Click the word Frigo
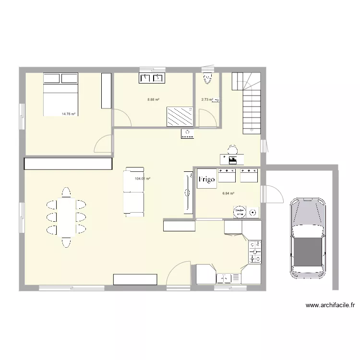tap(207, 179)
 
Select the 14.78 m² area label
tap(69, 114)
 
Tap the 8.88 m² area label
tap(153, 100)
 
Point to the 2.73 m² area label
tap(207, 100)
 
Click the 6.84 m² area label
tap(228, 193)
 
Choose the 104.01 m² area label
tap(143, 179)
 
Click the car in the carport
tap(307, 238)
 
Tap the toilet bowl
tap(207, 78)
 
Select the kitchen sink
tap(228, 278)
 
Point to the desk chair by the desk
tap(232, 149)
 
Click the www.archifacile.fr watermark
tap(330, 305)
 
